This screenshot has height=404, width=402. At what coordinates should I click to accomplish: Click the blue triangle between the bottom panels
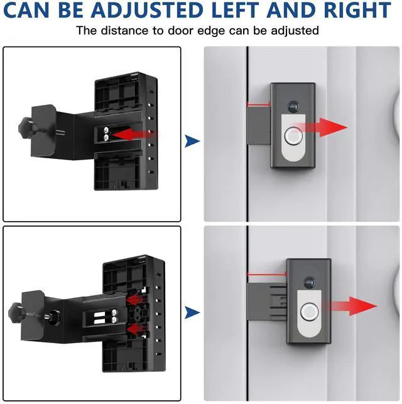pyautogui.click(x=192, y=312)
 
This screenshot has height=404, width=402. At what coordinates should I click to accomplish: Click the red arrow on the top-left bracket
pyautogui.click(x=134, y=133)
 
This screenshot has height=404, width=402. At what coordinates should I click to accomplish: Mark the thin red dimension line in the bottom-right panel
pyautogui.click(x=266, y=274)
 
